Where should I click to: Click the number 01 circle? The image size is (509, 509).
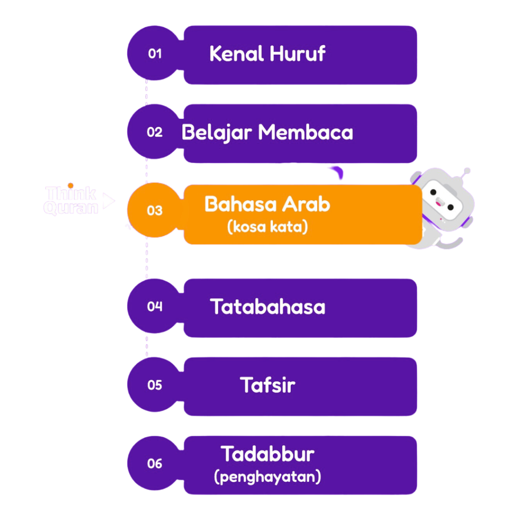pyautogui.click(x=154, y=54)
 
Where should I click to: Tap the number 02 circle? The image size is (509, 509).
pyautogui.click(x=154, y=132)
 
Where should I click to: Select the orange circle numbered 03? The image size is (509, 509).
pyautogui.click(x=154, y=210)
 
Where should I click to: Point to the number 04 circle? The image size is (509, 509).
pyautogui.click(x=154, y=306)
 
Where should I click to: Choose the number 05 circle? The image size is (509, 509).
pyautogui.click(x=154, y=385)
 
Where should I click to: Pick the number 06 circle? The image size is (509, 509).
pyautogui.click(x=154, y=463)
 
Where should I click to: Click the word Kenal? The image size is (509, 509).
pyautogui.click(x=236, y=54)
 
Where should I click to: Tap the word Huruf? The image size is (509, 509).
pyautogui.click(x=297, y=54)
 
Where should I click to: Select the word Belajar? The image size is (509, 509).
pyautogui.click(x=217, y=133)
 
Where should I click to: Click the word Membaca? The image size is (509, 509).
pyautogui.click(x=305, y=133)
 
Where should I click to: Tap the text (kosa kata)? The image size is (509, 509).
pyautogui.click(x=267, y=227)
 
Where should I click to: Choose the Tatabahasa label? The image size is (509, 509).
pyautogui.click(x=267, y=307)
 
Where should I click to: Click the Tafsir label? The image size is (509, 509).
pyautogui.click(x=267, y=385)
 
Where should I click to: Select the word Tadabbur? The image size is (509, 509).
pyautogui.click(x=267, y=454)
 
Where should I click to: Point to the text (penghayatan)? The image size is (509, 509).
pyautogui.click(x=267, y=477)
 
